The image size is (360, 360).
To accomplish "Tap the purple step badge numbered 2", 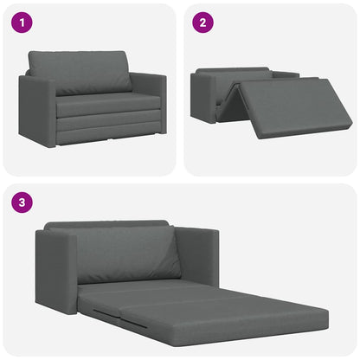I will [202, 23].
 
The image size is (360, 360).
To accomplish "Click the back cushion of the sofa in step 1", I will [80, 72].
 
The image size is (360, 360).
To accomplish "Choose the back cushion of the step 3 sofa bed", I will [128, 253].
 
